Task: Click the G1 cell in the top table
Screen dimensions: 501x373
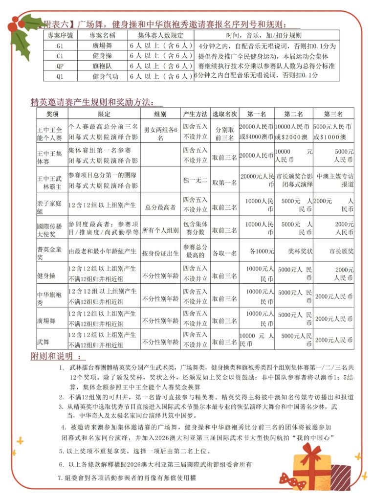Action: pyautogui.click(x=60, y=46)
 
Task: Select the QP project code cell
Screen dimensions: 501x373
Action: pyautogui.click(x=60, y=66)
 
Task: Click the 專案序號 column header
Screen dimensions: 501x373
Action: pyautogui.click(x=60, y=36)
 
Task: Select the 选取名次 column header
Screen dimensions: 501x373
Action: pyautogui.click(x=225, y=114)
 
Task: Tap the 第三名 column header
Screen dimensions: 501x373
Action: pyautogui.click(x=333, y=114)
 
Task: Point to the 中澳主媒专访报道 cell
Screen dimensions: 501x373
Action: pyautogui.click(x=333, y=181)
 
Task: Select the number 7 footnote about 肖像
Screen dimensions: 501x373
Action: pyautogui.click(x=127, y=477)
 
